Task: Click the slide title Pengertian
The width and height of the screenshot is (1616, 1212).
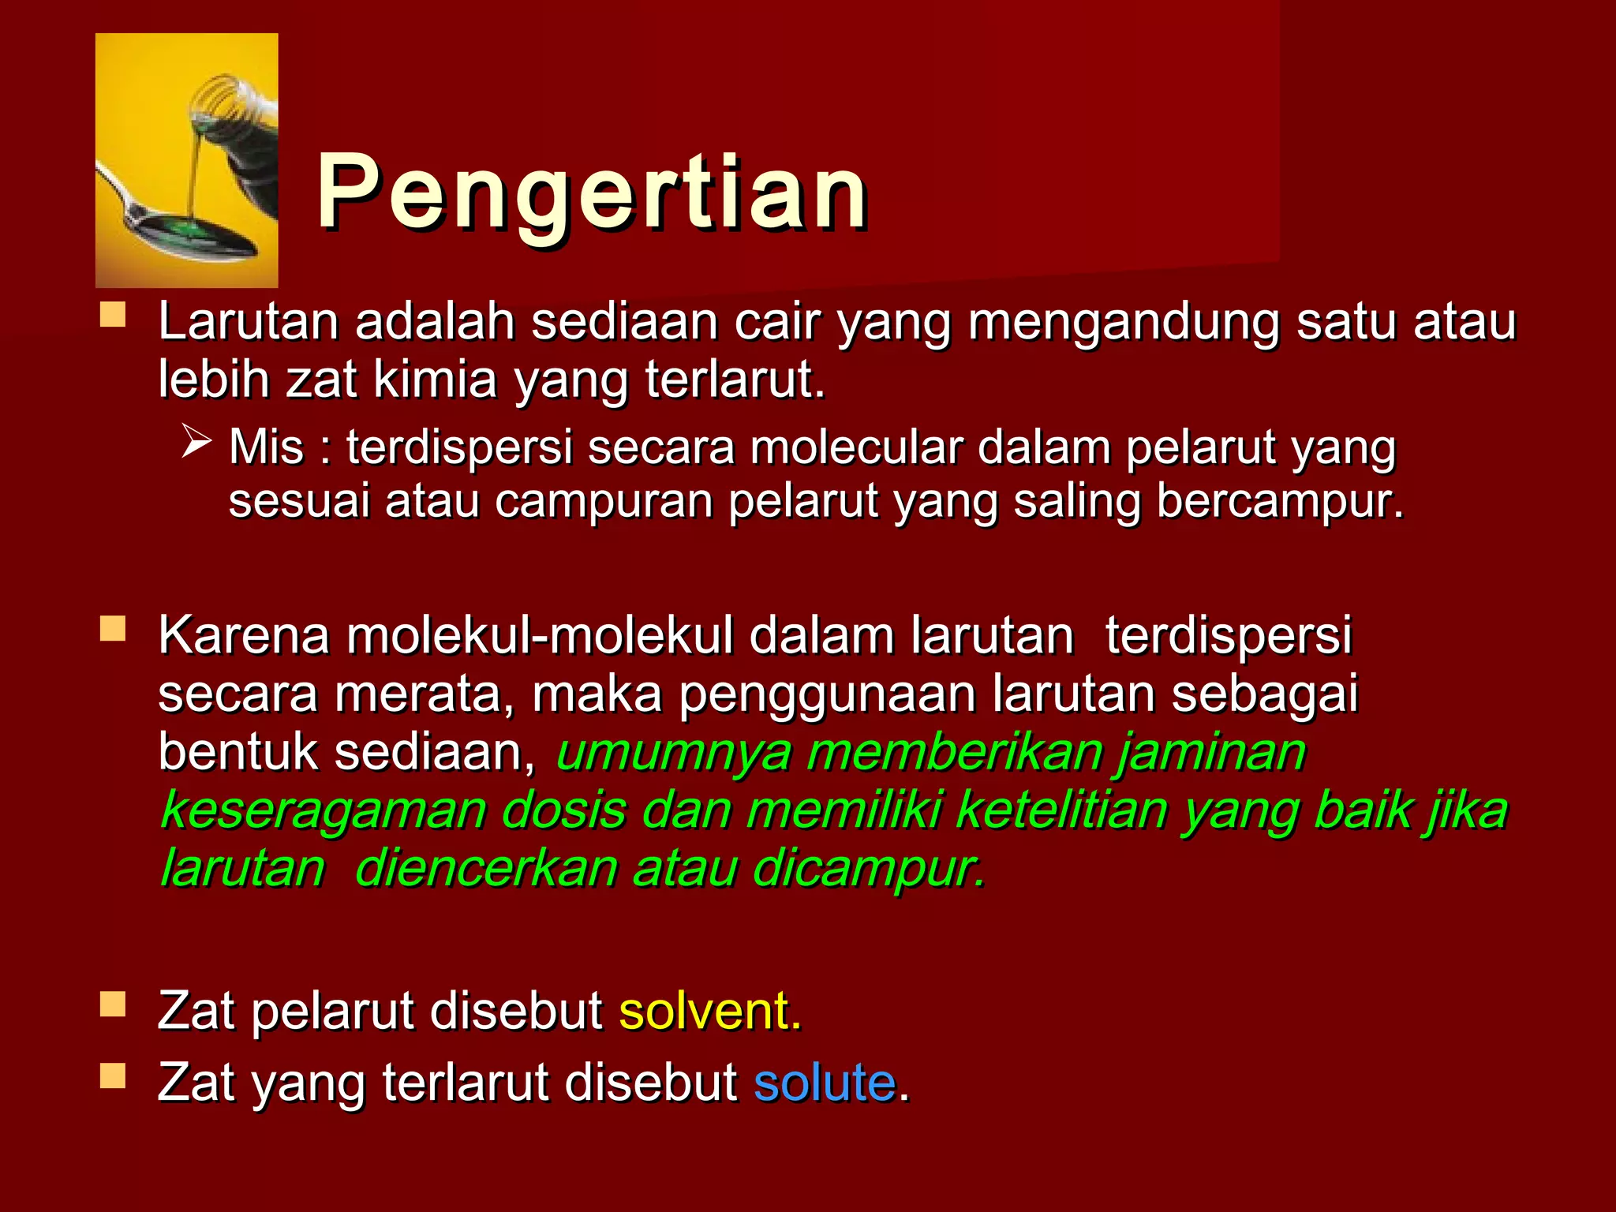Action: point(592,193)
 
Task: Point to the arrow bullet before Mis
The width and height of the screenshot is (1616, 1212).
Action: point(196,441)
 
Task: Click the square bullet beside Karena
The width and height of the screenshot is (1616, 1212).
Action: point(113,629)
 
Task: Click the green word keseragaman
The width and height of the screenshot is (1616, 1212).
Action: point(324,810)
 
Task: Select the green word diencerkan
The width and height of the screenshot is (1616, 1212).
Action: point(486,869)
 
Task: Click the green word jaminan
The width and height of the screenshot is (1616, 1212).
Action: point(1211,753)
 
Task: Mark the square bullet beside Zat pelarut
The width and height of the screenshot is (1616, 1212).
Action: point(113,1005)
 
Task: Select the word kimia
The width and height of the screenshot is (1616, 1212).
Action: point(435,380)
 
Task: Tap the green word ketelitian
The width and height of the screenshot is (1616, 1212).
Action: point(1060,810)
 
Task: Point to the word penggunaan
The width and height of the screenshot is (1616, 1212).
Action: point(828,695)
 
